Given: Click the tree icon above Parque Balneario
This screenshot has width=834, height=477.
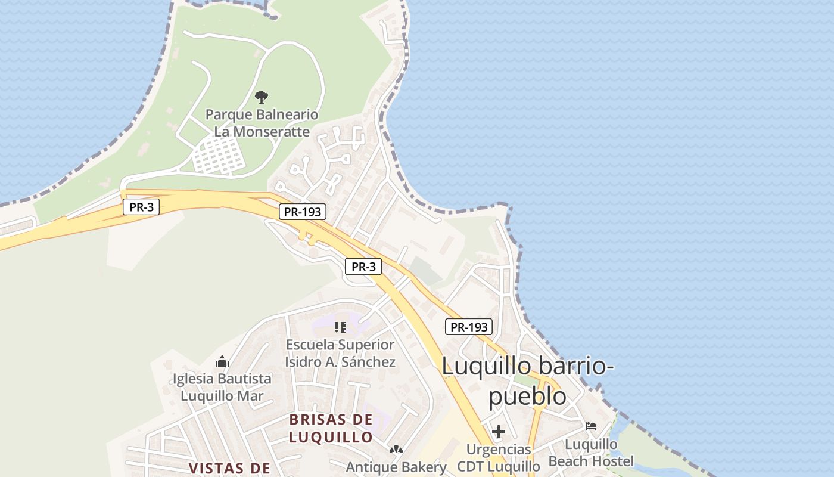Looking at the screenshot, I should pyautogui.click(x=261, y=97).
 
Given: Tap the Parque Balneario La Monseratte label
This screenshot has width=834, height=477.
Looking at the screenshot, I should pyautogui.click(x=262, y=123).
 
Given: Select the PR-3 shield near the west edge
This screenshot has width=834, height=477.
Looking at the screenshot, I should pyautogui.click(x=141, y=207).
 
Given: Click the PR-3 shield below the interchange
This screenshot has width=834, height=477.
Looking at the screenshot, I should pyautogui.click(x=363, y=267).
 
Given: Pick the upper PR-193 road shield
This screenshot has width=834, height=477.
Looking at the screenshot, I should pyautogui.click(x=303, y=211).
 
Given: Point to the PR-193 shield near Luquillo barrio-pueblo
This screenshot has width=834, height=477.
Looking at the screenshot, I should pyautogui.click(x=469, y=327).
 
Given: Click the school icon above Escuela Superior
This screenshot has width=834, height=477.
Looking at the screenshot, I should pyautogui.click(x=340, y=327).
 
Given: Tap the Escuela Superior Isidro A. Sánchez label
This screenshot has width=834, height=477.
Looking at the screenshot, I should pyautogui.click(x=340, y=353).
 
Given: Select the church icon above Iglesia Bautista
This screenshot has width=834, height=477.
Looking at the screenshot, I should pyautogui.click(x=222, y=361).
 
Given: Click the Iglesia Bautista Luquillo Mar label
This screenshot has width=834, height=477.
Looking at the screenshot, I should pyautogui.click(x=222, y=387).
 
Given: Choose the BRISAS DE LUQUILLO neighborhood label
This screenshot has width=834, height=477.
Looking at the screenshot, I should pyautogui.click(x=331, y=428).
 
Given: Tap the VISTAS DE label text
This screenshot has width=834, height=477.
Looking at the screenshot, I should pyautogui.click(x=229, y=468).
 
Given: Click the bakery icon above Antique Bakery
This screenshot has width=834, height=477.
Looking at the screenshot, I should pyautogui.click(x=396, y=449).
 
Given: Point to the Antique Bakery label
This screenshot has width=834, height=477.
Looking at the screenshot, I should pyautogui.click(x=396, y=467).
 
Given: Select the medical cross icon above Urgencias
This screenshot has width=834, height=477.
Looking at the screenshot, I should pyautogui.click(x=499, y=431).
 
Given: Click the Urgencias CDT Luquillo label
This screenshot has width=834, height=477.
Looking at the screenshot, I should pyautogui.click(x=499, y=457).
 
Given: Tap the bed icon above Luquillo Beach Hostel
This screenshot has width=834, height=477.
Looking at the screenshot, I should pyautogui.click(x=591, y=426).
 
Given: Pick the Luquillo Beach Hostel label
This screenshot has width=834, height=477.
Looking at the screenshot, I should pyautogui.click(x=591, y=453).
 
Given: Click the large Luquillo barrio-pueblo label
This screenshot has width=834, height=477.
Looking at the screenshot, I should pyautogui.click(x=528, y=380).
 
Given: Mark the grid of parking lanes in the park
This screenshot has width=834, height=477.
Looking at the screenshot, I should pyautogui.click(x=219, y=155).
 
